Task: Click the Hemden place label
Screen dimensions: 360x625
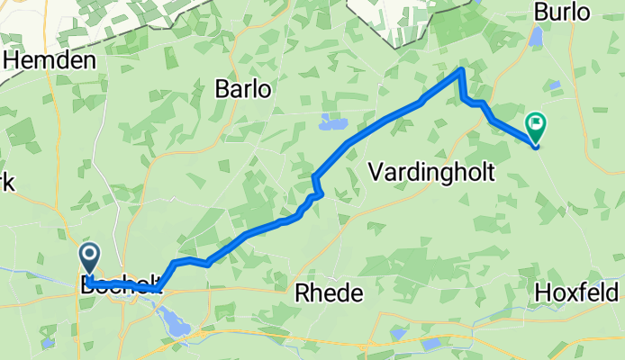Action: [x=50, y=61]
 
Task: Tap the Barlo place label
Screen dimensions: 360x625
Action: [x=243, y=89]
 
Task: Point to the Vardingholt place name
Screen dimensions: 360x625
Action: [x=432, y=173]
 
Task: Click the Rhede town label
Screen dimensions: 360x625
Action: [x=330, y=293]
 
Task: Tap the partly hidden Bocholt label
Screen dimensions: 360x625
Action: [x=117, y=288]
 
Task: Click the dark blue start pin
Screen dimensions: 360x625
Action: [x=91, y=257]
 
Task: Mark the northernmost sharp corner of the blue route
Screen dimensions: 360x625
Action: [x=462, y=69]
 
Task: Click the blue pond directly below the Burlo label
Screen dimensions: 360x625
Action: [x=537, y=37]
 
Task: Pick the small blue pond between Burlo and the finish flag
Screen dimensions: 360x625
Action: [x=555, y=85]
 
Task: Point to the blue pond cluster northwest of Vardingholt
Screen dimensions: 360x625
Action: [x=333, y=122]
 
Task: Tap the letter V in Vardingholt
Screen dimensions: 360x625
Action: [x=376, y=173]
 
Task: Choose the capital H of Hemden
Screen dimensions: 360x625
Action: [x=13, y=61]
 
